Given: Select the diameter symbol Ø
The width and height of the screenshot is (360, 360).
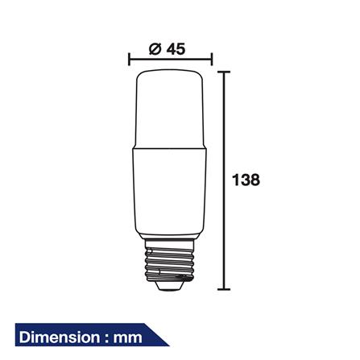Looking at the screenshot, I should coord(155,48).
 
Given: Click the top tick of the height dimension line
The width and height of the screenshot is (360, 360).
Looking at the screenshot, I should coord(225,72).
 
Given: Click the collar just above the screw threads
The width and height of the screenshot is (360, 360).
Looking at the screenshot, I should coord(170,239).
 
